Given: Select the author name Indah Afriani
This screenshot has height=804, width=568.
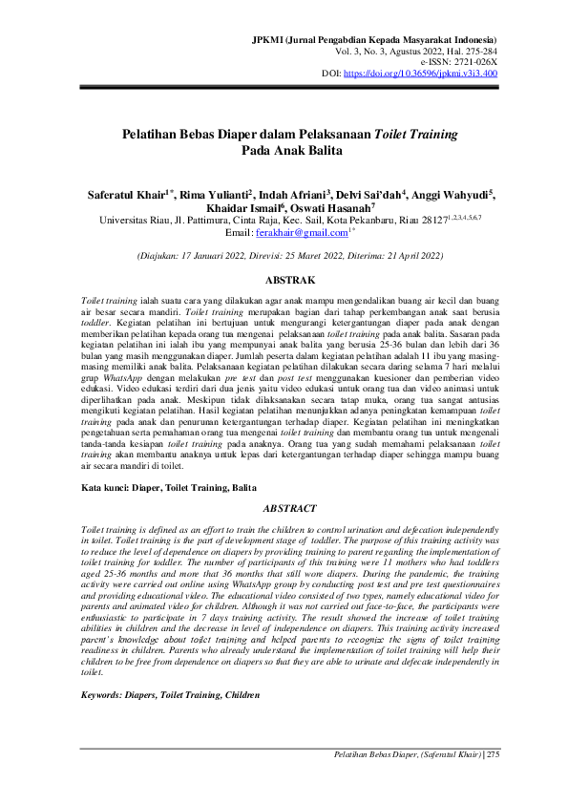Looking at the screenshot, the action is (x=291, y=192).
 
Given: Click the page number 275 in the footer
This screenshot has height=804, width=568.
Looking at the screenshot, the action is (x=493, y=755).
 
